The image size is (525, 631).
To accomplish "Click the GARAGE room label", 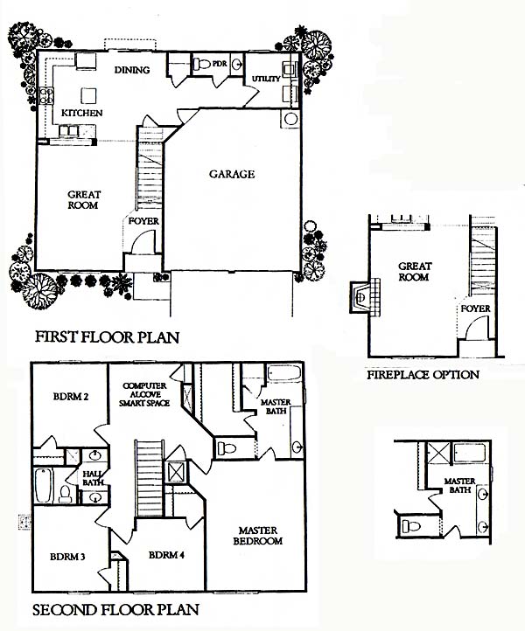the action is click(x=232, y=174).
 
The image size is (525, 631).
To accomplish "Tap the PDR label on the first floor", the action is click(x=219, y=64).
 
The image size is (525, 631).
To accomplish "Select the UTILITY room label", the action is click(x=266, y=79).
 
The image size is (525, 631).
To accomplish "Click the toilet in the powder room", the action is click(x=202, y=64).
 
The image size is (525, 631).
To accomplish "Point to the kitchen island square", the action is click(x=88, y=96).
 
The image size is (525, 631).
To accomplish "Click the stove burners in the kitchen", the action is click(x=46, y=96).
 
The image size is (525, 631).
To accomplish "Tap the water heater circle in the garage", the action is click(x=290, y=119).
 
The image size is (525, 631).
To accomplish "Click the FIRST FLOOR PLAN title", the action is click(x=107, y=336).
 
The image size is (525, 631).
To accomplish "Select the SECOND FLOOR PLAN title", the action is click(x=115, y=610).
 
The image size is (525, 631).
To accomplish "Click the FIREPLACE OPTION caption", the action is click(x=423, y=375).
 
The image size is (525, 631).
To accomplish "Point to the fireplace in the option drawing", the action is click(x=365, y=297).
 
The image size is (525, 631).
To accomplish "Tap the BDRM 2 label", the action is click(x=71, y=397).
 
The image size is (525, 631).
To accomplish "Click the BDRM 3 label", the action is click(x=67, y=557).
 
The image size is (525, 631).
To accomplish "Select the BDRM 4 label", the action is click(x=166, y=555).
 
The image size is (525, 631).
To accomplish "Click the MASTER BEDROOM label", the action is click(x=258, y=536).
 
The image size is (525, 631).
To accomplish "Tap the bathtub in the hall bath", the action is click(x=43, y=485).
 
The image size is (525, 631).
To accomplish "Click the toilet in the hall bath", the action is click(x=66, y=494).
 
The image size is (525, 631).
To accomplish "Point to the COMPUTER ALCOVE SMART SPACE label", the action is click(x=144, y=394).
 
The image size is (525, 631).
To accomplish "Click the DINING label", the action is click(x=132, y=70).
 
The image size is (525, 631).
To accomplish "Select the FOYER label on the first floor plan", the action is click(x=143, y=221).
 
